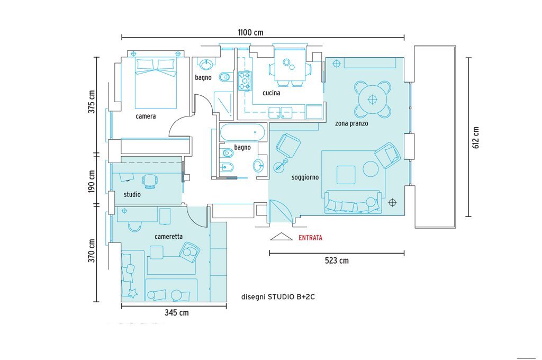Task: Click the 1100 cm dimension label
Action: point(250,32)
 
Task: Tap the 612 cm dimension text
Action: point(476,138)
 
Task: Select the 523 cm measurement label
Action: point(337,260)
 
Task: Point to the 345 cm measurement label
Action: point(177,313)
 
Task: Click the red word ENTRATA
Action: point(310,238)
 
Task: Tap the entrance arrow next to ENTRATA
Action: point(282,237)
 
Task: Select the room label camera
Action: point(146,116)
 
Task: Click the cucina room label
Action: point(272,93)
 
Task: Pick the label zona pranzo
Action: point(351,123)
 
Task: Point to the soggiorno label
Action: point(305,177)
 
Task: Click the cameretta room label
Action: point(169,237)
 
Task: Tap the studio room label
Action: point(132,194)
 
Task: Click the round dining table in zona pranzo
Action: point(372,100)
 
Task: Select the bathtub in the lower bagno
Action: point(242,132)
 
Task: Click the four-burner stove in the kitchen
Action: point(245,81)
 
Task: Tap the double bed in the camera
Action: point(156,83)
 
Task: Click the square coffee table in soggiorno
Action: point(346,175)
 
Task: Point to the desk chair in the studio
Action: point(150,181)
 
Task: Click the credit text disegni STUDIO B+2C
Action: point(278,296)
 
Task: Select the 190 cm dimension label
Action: point(92,181)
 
